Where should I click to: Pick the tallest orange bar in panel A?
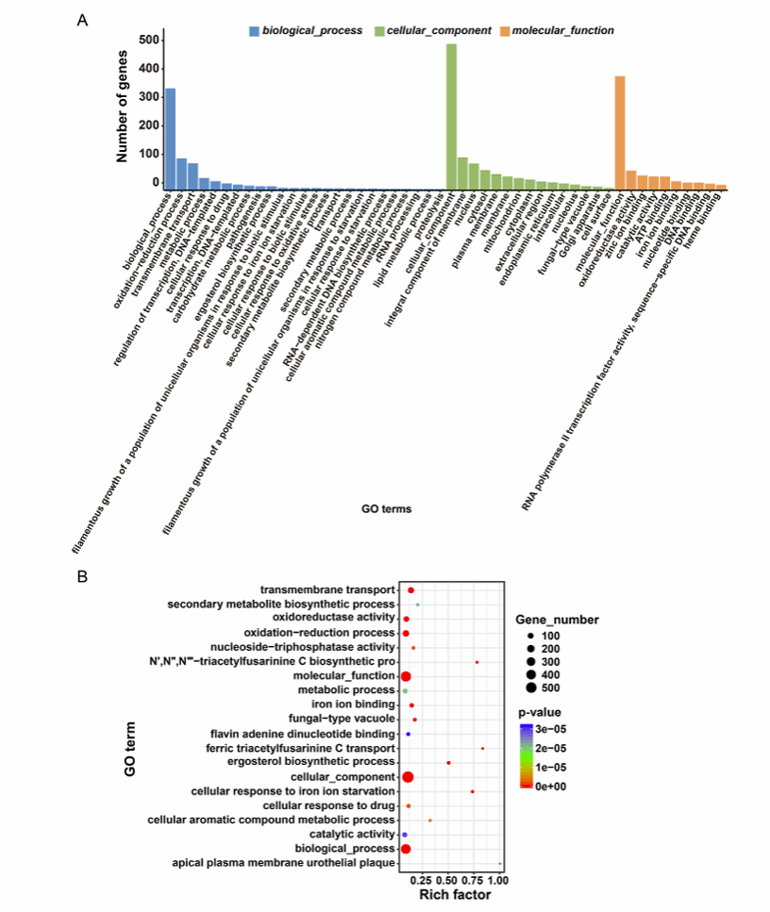point(620,133)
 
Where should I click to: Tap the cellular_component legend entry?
point(445,30)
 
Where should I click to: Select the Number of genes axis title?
point(123,108)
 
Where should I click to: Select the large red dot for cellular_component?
point(409,776)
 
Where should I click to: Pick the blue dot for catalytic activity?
point(405,835)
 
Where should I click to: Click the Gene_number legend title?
point(557,619)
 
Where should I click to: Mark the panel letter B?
point(82,574)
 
